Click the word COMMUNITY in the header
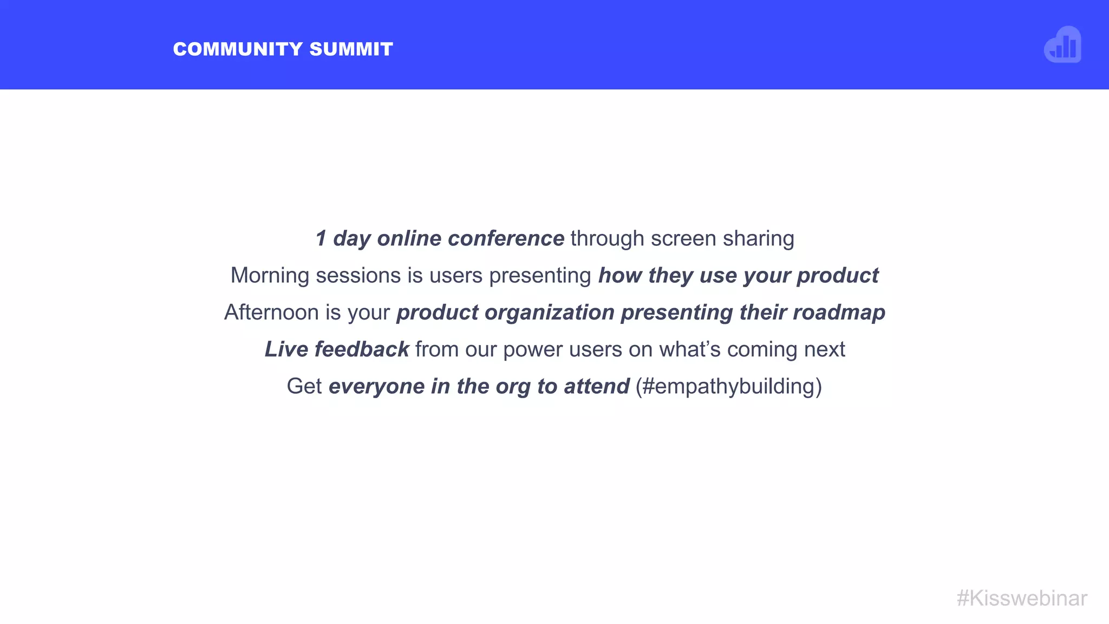pos(238,49)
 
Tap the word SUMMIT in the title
pos(351,49)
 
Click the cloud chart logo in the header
pos(1062,45)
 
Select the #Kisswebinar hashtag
pos(1022,599)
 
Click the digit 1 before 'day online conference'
pos(321,238)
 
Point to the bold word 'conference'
pos(506,238)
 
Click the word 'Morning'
pos(270,276)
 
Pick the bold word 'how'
pos(620,276)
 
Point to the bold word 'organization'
pos(549,313)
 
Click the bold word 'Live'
pos(286,349)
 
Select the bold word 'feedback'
pos(362,349)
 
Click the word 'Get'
pos(304,386)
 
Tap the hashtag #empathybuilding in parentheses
pos(728,387)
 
